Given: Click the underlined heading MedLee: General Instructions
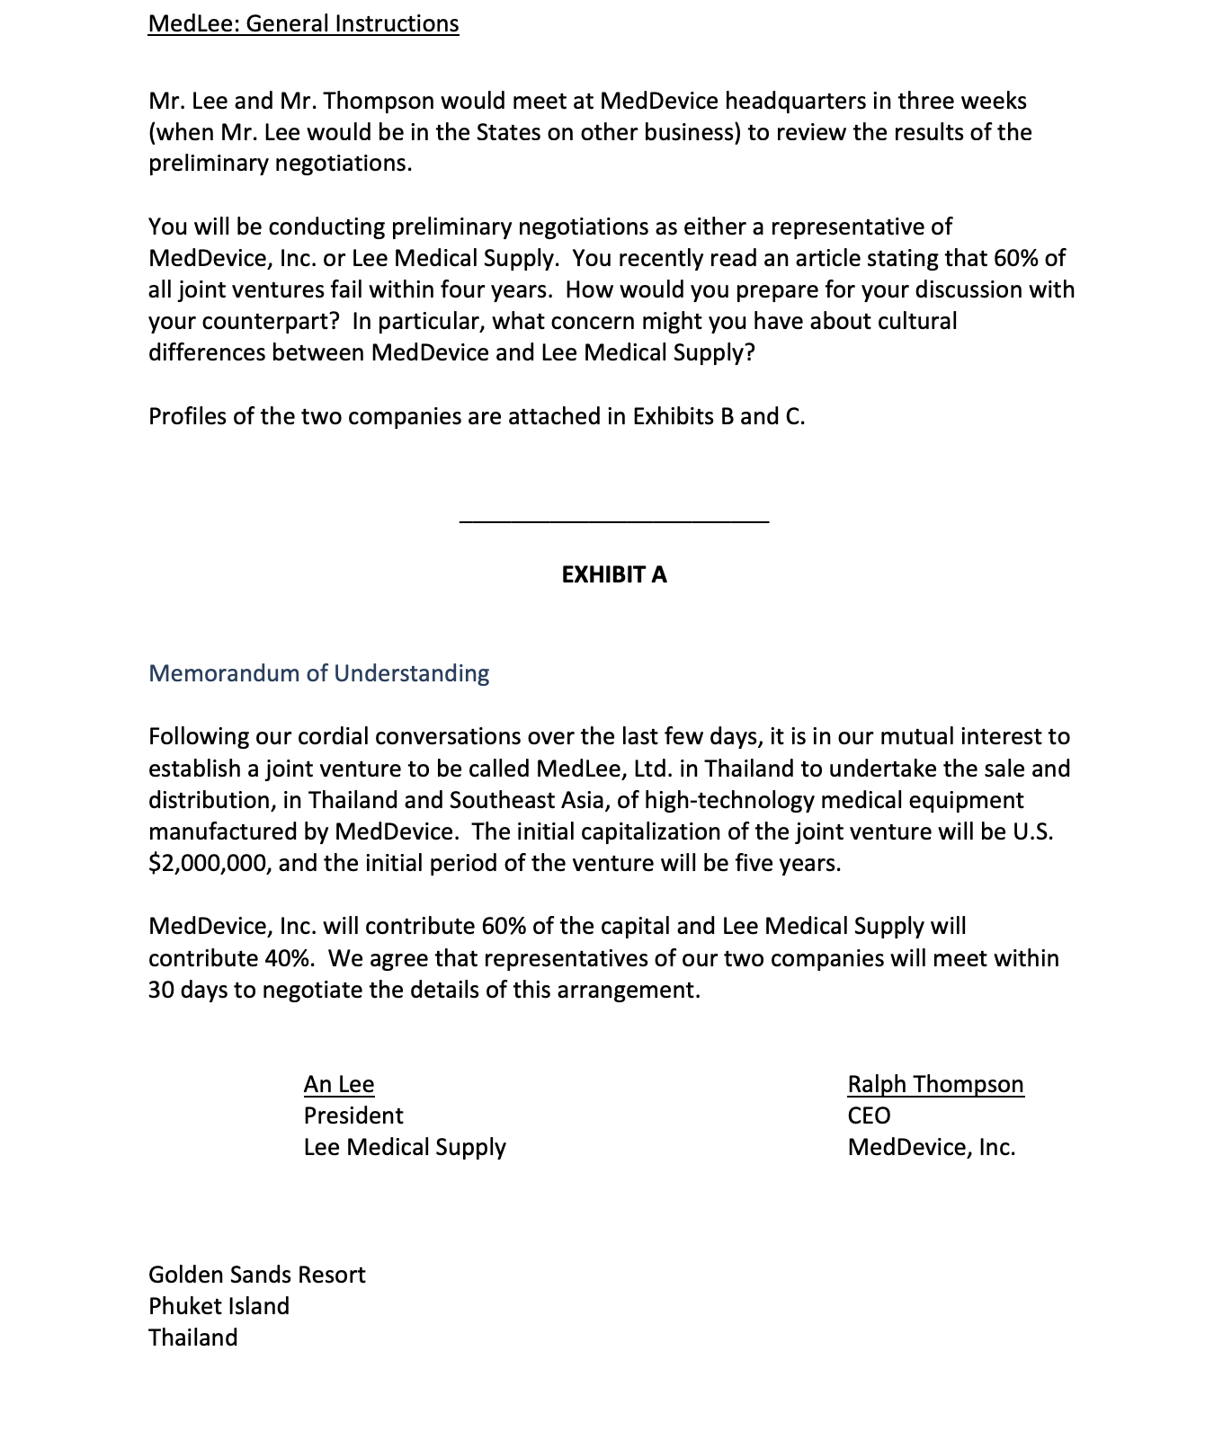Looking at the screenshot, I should tap(303, 23).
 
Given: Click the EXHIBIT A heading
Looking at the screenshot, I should tap(614, 575).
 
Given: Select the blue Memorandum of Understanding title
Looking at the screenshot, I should tap(318, 673).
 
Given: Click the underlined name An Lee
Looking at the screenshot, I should tap(339, 1084).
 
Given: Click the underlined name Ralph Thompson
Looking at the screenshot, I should tap(935, 1084).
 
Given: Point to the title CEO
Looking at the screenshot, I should tap(869, 1115).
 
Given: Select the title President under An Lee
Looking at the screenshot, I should tap(353, 1115).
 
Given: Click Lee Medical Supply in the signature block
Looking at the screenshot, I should tap(405, 1147).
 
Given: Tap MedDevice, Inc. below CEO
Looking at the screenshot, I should tap(931, 1147).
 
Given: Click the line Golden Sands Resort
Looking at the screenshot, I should tap(257, 1275).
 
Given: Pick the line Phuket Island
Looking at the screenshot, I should tap(219, 1306).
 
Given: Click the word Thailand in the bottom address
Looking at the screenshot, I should tap(193, 1338).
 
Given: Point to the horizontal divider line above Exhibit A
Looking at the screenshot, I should tap(614, 520).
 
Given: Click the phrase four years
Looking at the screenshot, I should tap(500, 289).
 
